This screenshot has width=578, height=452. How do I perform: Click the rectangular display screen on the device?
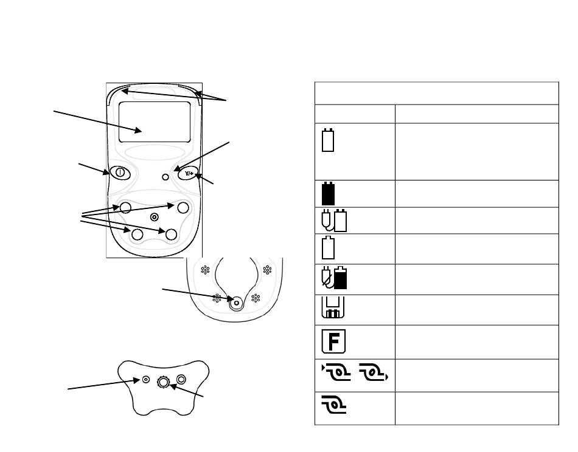[x=155, y=122]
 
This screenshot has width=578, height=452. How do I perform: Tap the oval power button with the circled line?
[x=120, y=173]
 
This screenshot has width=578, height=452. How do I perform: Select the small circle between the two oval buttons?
[x=165, y=177]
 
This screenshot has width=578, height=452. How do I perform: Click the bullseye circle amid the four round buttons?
[x=155, y=217]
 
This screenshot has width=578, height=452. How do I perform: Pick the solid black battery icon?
[x=328, y=193]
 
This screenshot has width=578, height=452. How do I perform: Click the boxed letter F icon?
[x=333, y=341]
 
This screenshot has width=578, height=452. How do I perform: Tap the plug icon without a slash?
[x=327, y=220]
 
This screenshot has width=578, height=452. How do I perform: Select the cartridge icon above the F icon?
[x=333, y=307]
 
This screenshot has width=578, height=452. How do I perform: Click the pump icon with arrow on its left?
[x=336, y=372]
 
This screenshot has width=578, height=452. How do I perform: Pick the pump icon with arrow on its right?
[x=374, y=372]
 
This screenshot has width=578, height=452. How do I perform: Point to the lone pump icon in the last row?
[x=333, y=405]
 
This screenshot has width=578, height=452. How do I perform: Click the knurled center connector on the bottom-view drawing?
[x=163, y=382]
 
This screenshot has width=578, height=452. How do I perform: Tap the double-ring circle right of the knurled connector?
[x=181, y=379]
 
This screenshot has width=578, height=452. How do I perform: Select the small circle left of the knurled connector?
[x=146, y=379]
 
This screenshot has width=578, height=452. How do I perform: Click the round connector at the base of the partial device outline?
[x=236, y=303]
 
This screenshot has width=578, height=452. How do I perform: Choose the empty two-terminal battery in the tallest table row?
[x=328, y=140]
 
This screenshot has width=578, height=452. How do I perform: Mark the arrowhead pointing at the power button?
[x=106, y=171]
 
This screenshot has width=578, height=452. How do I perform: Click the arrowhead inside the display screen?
[x=138, y=130]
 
